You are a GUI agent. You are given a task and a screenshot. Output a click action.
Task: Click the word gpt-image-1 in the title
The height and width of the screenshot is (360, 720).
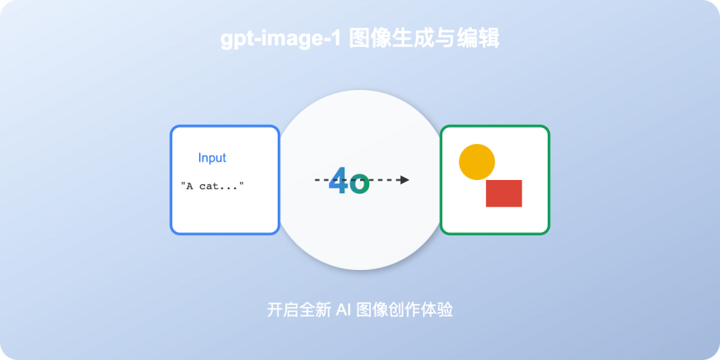coord(281,39)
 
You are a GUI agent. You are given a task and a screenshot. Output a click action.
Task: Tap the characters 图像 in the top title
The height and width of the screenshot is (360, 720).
coord(367,39)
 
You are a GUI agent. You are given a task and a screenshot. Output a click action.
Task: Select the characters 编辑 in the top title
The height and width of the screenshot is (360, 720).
coord(480,39)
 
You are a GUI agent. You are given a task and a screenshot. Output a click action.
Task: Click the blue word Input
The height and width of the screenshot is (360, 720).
coord(212,158)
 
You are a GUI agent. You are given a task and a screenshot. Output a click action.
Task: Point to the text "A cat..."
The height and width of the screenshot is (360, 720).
coord(212,186)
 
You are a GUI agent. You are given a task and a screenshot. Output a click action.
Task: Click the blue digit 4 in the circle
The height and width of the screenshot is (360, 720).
coord(338,180)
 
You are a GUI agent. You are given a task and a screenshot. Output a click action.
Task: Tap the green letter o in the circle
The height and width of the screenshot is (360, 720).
coord(359,184)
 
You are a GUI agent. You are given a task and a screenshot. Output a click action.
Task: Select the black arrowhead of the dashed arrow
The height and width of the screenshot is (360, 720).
coord(404,180)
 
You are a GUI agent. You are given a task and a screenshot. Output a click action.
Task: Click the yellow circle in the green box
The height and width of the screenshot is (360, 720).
coord(477,162)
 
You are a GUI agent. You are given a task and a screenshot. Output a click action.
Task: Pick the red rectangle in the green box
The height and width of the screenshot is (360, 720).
coord(503,193)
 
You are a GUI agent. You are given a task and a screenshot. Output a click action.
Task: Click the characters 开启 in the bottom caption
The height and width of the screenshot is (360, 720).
coord(282,310)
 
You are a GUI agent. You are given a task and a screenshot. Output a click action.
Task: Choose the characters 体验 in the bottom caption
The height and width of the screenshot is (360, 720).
coord(439,310)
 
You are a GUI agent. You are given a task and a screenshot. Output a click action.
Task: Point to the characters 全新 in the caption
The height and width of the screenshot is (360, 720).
coord(314,310)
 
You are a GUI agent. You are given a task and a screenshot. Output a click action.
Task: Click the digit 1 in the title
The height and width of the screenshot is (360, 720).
coord(335,39)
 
